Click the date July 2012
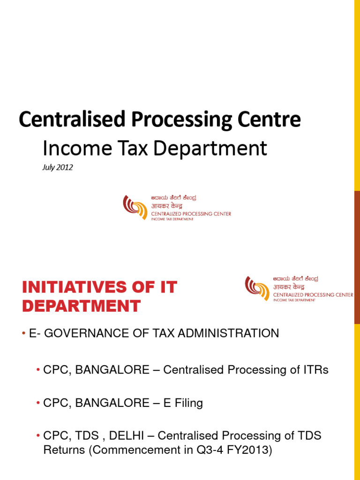[x=58, y=167]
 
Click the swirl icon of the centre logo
[x=135, y=207]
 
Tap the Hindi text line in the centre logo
[x=166, y=206]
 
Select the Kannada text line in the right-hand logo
[x=295, y=278]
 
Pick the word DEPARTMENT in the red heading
[x=82, y=306]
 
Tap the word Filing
[x=189, y=403]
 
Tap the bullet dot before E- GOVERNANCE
[x=23, y=334]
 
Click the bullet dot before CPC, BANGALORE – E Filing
[x=37, y=403]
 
